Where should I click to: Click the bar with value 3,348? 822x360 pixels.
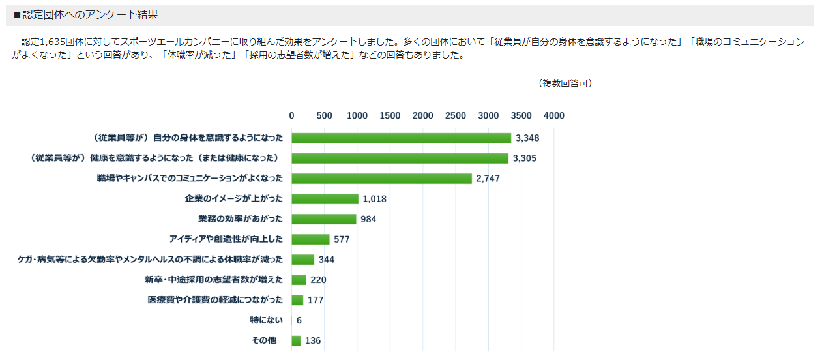click(x=401, y=138)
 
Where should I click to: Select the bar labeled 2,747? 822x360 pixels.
click(x=381, y=179)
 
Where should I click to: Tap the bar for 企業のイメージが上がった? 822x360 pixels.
click(x=325, y=199)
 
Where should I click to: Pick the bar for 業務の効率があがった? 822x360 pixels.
click(x=323, y=219)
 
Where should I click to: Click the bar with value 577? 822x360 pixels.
click(x=310, y=239)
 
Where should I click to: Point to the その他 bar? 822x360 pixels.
click(x=296, y=340)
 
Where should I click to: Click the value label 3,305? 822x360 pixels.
click(x=524, y=158)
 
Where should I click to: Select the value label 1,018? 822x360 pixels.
click(x=375, y=199)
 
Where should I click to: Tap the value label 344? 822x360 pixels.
click(x=327, y=260)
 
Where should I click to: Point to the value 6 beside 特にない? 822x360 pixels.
click(x=299, y=320)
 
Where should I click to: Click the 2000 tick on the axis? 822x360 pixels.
click(x=423, y=116)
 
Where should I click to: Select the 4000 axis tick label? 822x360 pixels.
click(x=554, y=116)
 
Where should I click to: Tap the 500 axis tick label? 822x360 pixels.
click(x=324, y=116)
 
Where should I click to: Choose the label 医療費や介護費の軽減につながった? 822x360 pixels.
click(x=215, y=300)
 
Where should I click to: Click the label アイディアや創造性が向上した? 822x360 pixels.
click(x=226, y=239)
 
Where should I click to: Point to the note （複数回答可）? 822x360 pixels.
click(x=565, y=83)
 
